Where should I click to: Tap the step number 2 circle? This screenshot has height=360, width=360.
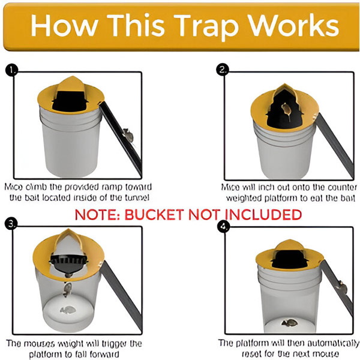click(x=223, y=70)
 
